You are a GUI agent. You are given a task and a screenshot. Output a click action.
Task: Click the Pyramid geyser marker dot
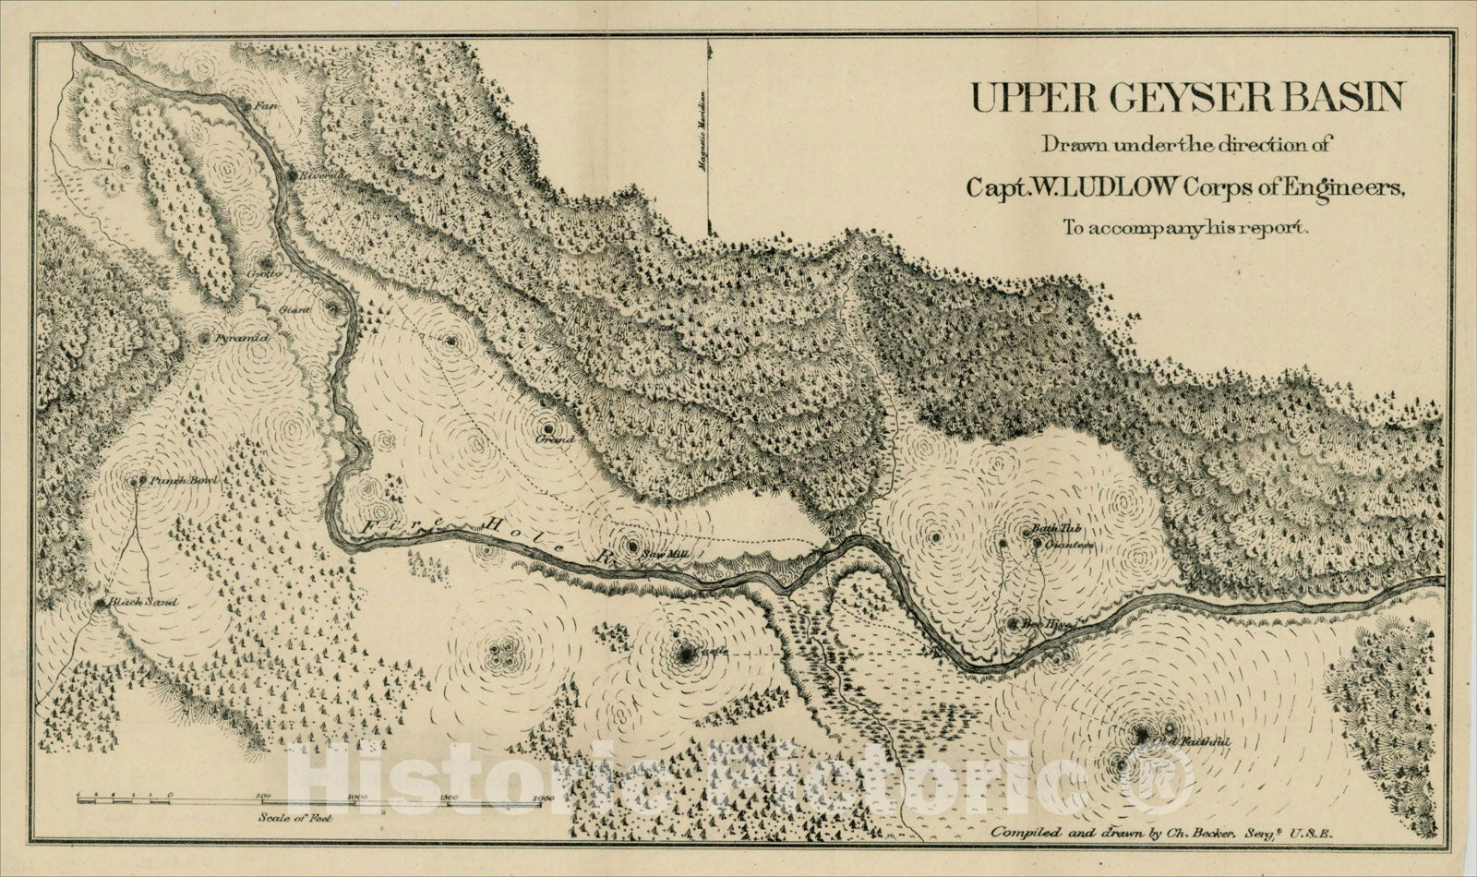(x=204, y=339)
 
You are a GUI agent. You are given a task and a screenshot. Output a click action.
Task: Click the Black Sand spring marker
(x=100, y=603)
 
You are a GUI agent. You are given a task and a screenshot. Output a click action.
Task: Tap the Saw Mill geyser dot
(x=632, y=546)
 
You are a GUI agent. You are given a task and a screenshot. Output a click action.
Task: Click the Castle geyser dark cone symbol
(x=686, y=655)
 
